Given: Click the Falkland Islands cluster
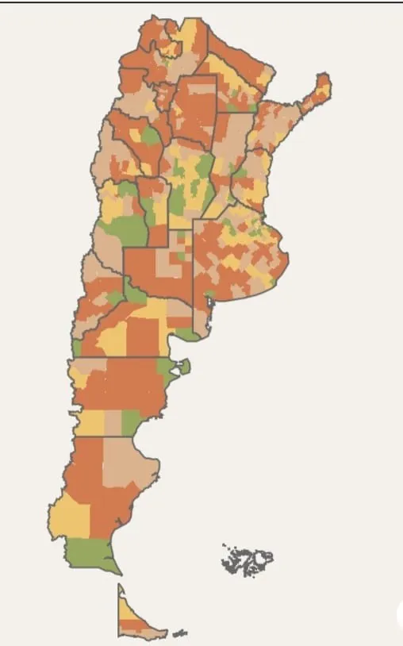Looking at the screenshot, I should point(248,561).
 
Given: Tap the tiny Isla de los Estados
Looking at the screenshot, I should point(181,633).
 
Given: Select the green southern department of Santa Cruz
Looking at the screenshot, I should point(90,552).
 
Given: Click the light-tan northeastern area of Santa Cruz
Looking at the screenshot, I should point(127,468).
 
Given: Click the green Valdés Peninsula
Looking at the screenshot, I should point(185,367).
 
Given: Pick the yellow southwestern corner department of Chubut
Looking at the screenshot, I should point(90,422).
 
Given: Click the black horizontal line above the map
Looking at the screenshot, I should point(201,2).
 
